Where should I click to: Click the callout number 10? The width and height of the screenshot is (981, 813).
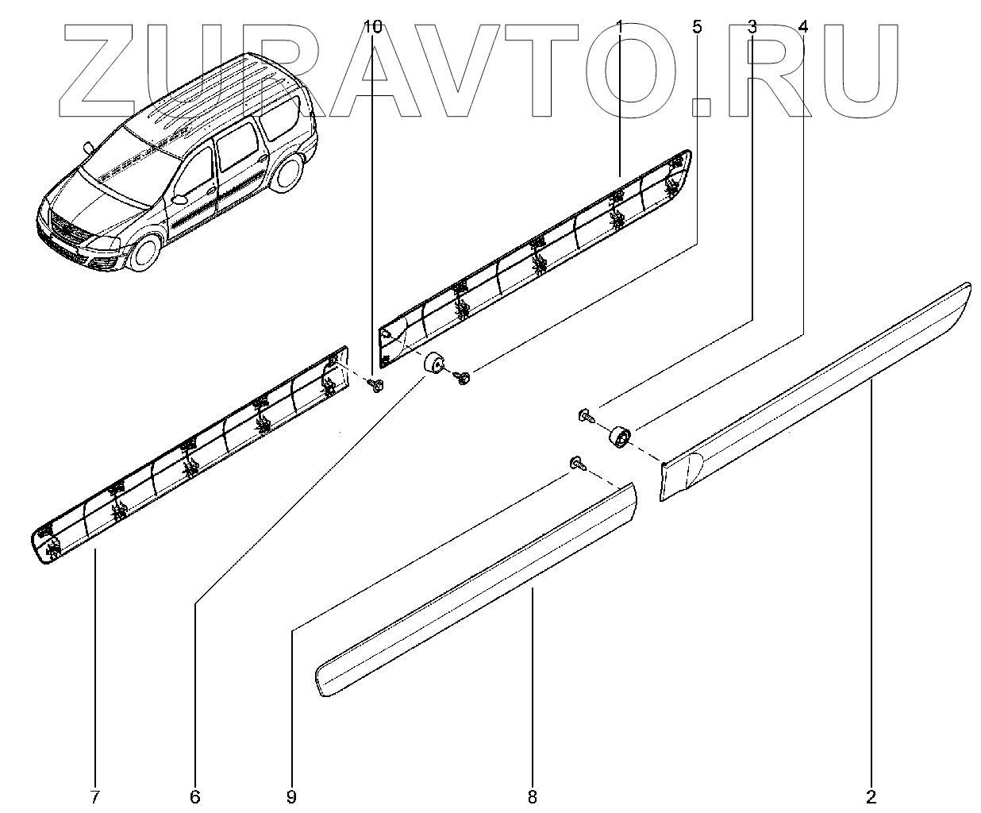coord(372,27)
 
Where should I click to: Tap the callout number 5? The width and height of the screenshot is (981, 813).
coord(697,27)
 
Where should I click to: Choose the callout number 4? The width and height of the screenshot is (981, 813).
coord(803,27)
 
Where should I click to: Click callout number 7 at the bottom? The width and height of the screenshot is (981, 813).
coord(95,796)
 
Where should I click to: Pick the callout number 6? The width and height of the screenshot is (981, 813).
coord(195,796)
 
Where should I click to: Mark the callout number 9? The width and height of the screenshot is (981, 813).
coord(291,796)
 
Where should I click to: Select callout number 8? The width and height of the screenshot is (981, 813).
coord(532,796)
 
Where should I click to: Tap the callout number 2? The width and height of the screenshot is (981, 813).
coord(871,796)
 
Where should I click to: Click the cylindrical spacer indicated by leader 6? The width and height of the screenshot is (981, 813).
coord(433,366)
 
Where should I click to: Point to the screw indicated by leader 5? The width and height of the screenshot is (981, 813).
coord(463,378)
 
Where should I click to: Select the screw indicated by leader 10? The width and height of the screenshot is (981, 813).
coord(376,384)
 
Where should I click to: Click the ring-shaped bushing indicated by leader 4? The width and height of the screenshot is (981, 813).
coord(619,436)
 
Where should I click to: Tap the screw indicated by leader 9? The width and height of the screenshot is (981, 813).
coord(577,464)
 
